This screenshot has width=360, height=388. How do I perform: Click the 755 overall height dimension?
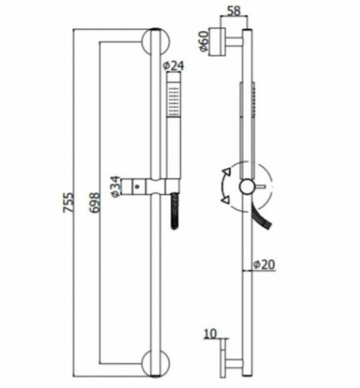pyautogui.click(x=70, y=204)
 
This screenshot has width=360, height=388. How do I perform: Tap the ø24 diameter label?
pyautogui.click(x=173, y=65)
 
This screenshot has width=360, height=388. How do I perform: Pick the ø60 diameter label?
pyautogui.click(x=204, y=41)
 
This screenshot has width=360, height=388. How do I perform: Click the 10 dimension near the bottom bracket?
pyautogui.click(x=209, y=333)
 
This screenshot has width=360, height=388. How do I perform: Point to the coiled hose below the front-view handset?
pyautogui.click(x=174, y=210)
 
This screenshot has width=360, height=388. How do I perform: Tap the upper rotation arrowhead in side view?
pyautogui.click(x=225, y=174)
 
